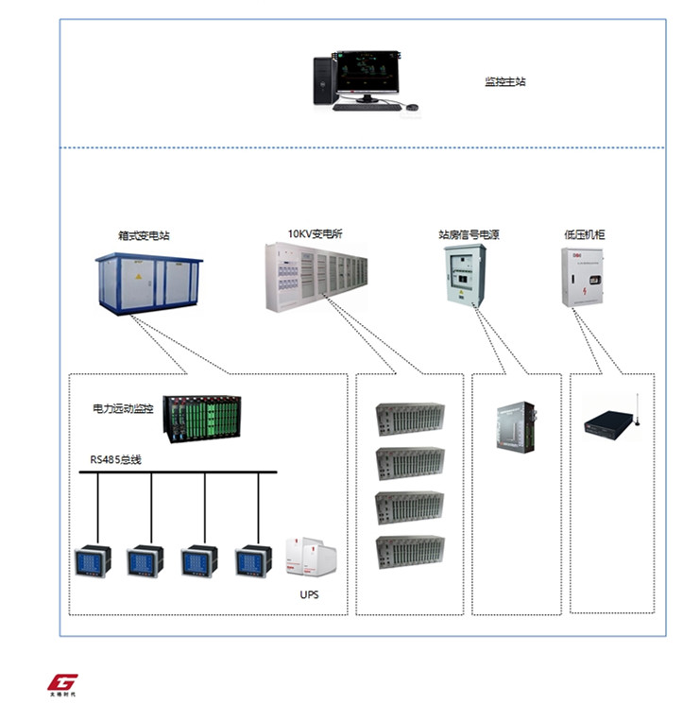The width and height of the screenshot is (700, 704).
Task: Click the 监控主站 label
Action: click(x=505, y=82)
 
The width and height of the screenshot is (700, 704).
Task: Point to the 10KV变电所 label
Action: click(x=315, y=232)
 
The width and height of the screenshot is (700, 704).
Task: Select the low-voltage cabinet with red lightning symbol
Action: click(x=582, y=277)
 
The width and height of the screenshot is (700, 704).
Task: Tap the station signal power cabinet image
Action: click(x=465, y=275)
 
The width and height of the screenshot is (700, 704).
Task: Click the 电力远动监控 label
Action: click(x=123, y=409)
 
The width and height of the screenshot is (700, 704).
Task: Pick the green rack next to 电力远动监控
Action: click(x=202, y=419)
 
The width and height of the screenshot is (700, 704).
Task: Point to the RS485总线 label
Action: click(x=115, y=459)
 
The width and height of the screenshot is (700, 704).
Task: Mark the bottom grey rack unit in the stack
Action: click(x=409, y=550)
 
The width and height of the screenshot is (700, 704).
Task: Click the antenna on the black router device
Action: click(x=637, y=407)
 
